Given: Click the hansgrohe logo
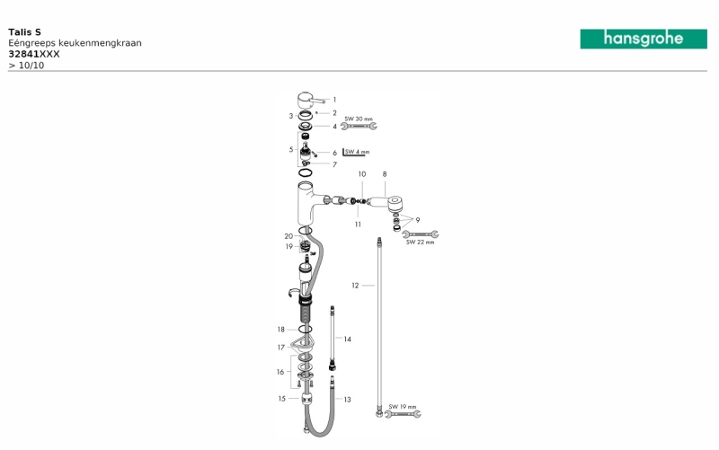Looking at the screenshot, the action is tap(644, 39).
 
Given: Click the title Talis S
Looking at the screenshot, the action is tap(25, 32).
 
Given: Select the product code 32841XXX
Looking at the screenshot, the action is tap(34, 54).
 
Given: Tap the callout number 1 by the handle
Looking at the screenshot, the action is tap(334, 100).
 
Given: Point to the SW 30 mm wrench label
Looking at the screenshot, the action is tap(359, 119).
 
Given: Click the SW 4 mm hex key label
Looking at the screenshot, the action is tap(357, 152).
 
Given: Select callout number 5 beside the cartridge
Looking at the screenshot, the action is tap(291, 149).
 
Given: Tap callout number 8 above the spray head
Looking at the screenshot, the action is tap(385, 174).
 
